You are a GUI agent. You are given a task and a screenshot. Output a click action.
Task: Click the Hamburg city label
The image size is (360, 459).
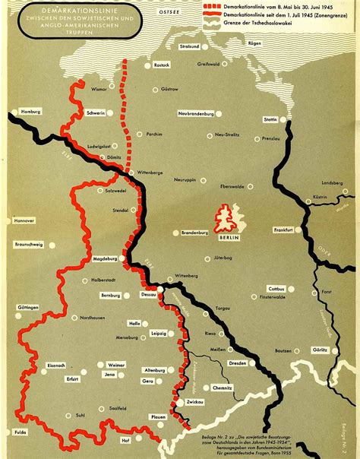tap(31, 112)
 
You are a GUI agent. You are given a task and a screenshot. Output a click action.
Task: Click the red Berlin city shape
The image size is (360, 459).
tap(226, 217)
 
